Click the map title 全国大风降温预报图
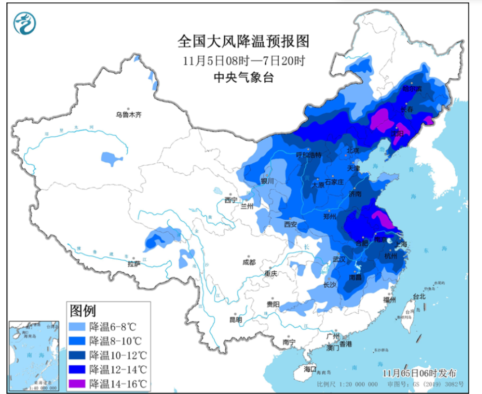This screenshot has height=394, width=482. [243, 42]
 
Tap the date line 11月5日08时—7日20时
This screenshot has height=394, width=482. [243, 61]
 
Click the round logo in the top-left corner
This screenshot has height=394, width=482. [23, 23]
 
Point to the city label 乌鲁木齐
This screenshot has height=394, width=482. [129, 115]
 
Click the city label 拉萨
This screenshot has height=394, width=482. [134, 264]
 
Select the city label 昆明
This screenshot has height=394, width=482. [236, 319]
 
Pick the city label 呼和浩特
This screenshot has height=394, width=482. [309, 155]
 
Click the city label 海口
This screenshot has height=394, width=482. [310, 369]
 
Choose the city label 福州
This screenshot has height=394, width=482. [389, 300]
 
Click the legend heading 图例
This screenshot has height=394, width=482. [83, 311]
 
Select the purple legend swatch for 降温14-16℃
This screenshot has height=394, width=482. [77, 384]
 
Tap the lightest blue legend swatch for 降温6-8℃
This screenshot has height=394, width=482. [77, 327]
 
